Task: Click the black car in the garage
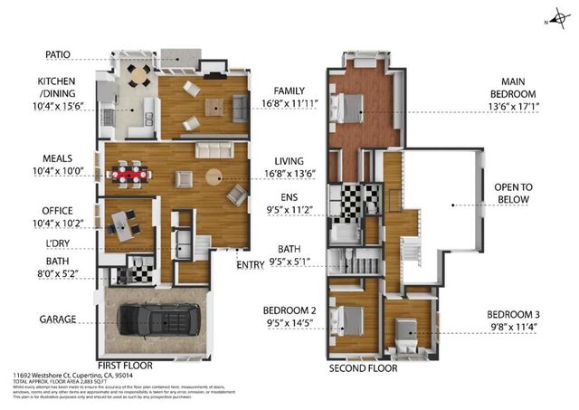pos(160,319)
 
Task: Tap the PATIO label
pos(52,54)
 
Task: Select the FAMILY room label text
pos(289,91)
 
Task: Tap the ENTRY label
pos(250,264)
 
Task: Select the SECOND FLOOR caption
pos(362,368)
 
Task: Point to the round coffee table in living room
pos(214,177)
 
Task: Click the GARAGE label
pos(56,319)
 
